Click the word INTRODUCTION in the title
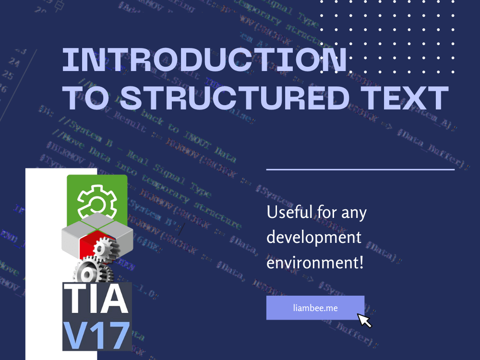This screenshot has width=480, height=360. tap(204, 60)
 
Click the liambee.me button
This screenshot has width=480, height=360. tap(315, 308)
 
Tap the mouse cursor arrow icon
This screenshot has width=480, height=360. tap(364, 320)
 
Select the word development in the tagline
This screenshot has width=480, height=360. tap(314, 237)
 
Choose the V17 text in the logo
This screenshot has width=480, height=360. tap(96, 335)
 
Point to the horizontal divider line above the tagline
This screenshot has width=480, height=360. tap(360, 169)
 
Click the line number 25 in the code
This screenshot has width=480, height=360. tap(8, 75)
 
